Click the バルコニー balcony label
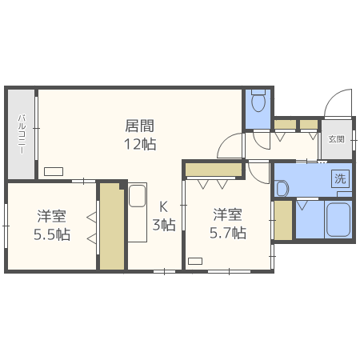[x=22, y=134]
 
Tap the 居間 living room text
[x=139, y=126]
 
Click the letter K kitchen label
[x=163, y=206]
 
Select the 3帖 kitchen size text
[x=163, y=225]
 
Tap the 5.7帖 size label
[x=228, y=233]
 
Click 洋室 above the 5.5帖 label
[x=51, y=216]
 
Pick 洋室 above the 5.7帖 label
[x=228, y=214]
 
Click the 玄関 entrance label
[x=336, y=139]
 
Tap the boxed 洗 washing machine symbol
[x=341, y=178]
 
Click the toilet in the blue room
[x=258, y=102]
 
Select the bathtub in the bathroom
[x=338, y=219]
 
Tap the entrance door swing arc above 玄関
[x=336, y=102]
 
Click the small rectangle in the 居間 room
[x=54, y=170]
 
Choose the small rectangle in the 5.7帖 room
[x=195, y=260]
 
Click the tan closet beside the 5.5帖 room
[x=112, y=226]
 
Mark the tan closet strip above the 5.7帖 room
[x=214, y=169]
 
